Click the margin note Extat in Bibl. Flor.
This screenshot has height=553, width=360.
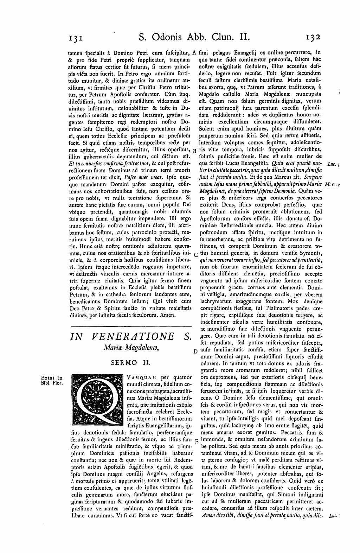(52, 381)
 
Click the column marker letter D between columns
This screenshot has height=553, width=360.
(195, 351)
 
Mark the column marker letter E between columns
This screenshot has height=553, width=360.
(195, 441)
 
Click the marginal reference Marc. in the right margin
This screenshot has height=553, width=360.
(332, 184)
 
